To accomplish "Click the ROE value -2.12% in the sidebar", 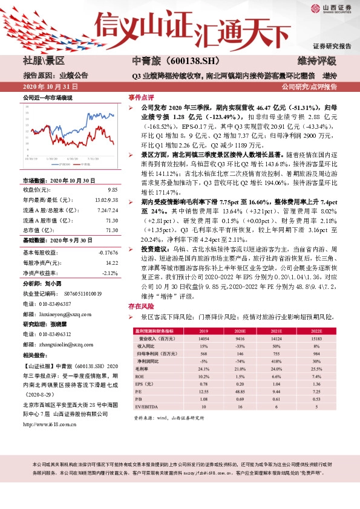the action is click(105, 273).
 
